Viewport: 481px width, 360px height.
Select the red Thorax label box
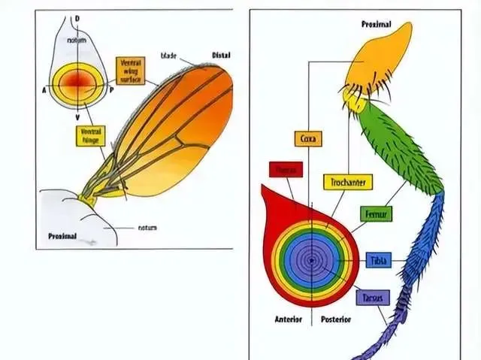285,170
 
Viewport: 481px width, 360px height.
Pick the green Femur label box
376,214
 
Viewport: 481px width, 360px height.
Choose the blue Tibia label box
378,261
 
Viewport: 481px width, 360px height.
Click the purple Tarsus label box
371,297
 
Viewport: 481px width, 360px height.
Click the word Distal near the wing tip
222,55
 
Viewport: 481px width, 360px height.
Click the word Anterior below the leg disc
286,319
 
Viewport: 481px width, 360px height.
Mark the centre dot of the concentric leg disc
309,260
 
